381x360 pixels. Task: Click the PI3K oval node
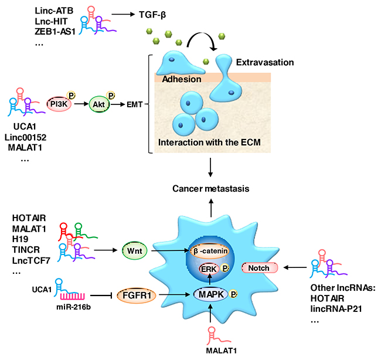pyautogui.click(x=59, y=104)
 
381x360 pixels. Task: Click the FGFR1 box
pyautogui.click(x=134, y=292)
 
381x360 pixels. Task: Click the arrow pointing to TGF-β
pyautogui.click(x=112, y=12)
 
